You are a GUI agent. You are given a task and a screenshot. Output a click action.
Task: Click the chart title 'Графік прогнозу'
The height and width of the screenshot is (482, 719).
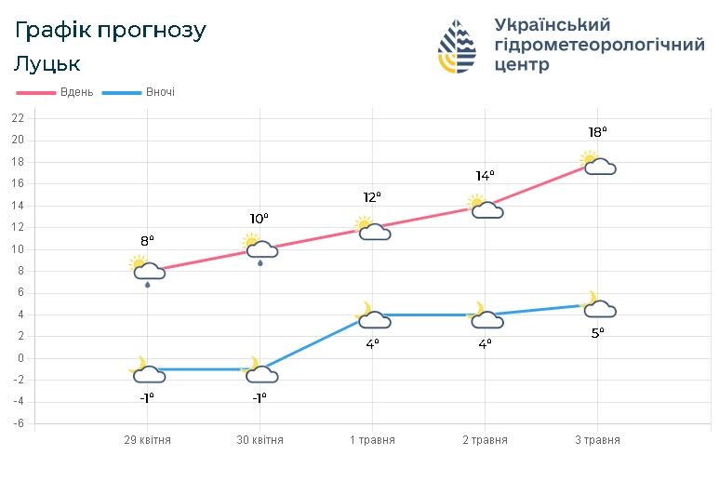click(x=111, y=31)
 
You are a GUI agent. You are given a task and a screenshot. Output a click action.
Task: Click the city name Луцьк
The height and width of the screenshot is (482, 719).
click(x=47, y=64)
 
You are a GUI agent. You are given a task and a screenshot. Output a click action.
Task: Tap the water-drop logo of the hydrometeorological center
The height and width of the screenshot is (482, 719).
click(x=459, y=47)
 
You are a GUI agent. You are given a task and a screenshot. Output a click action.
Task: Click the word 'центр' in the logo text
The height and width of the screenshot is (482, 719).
click(x=522, y=65)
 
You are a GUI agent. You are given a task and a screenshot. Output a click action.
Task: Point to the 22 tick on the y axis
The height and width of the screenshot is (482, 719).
click(x=18, y=118)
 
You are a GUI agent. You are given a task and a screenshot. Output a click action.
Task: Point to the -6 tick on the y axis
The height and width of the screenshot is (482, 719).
click(x=18, y=423)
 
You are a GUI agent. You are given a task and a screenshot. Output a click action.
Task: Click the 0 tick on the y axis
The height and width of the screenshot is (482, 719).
click(x=20, y=358)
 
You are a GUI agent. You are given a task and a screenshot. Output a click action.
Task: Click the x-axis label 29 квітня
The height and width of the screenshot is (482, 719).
click(x=147, y=440)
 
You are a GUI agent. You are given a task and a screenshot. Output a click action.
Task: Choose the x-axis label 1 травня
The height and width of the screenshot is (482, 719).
click(x=372, y=440)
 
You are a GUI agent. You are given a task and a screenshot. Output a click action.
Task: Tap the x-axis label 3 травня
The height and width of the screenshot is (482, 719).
click(x=597, y=440)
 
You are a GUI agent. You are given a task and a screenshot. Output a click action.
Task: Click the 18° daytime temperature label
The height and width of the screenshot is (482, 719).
click(x=597, y=133)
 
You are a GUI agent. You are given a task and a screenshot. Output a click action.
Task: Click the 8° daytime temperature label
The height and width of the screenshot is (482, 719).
click(x=147, y=240)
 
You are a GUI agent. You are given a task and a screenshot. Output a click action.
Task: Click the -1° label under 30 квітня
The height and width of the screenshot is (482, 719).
click(x=260, y=397)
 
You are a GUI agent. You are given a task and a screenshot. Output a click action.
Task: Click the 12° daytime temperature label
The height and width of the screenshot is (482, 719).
click(x=372, y=197)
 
